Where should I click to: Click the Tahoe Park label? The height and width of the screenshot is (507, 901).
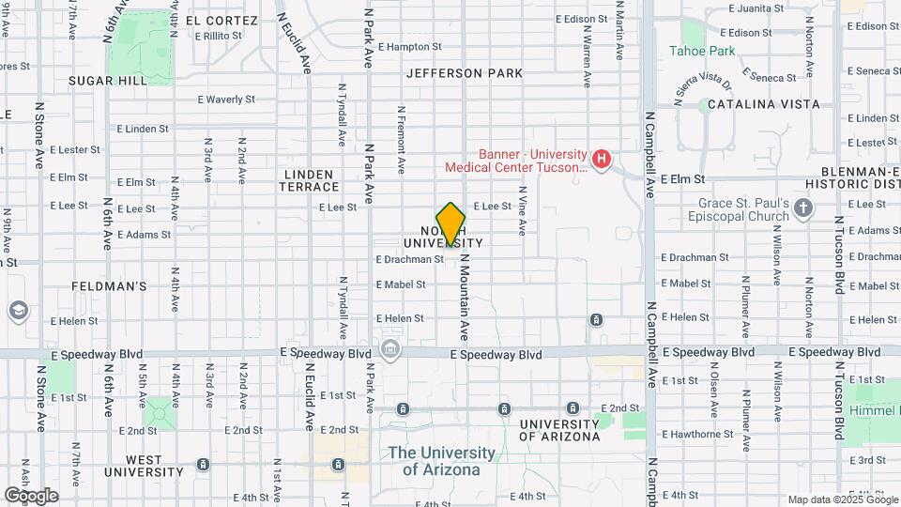[702, 51]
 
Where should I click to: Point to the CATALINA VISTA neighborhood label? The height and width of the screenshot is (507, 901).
[763, 104]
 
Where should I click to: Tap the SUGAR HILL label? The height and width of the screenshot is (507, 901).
[108, 82]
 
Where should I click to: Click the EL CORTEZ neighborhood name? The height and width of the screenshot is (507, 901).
[221, 21]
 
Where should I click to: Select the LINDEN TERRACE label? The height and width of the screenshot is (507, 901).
[307, 180]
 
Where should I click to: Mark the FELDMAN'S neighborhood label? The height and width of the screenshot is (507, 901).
[110, 285]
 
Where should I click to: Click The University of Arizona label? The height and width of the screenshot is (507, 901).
[441, 460]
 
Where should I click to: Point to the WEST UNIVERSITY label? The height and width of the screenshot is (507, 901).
[144, 472]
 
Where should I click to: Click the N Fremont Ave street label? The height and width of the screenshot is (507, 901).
[401, 140]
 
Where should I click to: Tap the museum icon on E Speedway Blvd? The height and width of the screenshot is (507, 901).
[389, 351]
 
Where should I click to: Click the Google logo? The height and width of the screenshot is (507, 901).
[31, 495]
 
